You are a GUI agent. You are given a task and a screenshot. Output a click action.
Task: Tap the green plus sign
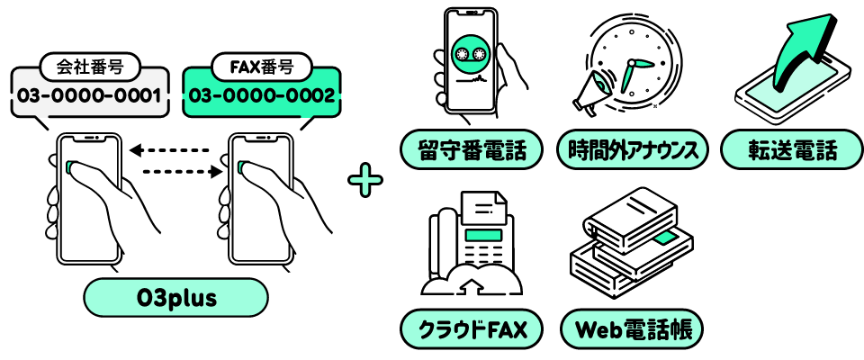pyautogui.click(x=365, y=180)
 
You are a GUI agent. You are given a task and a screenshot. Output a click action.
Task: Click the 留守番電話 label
pyautogui.click(x=472, y=149)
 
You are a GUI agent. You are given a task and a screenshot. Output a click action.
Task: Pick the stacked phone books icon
pyautogui.click(x=630, y=238)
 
